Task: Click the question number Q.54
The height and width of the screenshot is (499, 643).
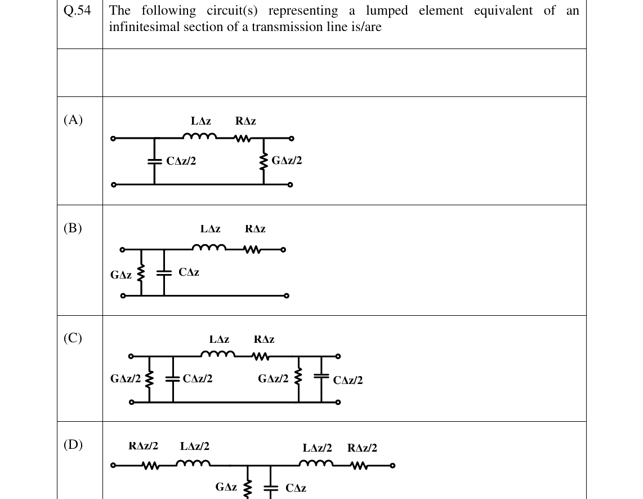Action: point(77,10)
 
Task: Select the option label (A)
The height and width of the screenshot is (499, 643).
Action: point(73,120)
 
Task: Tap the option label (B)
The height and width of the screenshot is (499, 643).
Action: point(73,228)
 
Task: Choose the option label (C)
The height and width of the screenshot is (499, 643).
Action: point(73,338)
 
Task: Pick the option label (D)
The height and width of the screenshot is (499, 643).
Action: point(73,444)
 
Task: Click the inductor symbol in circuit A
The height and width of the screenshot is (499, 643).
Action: point(200,136)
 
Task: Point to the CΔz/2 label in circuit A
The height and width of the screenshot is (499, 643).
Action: point(181,161)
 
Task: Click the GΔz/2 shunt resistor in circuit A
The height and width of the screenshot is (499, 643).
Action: point(264,162)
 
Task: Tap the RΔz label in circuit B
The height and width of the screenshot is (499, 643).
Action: point(255,229)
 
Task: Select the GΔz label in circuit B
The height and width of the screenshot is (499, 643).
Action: point(121,275)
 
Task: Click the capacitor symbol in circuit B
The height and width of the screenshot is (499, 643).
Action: point(164,273)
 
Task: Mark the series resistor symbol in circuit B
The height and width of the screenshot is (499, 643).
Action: point(251,249)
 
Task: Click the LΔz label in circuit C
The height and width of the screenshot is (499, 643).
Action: point(220,339)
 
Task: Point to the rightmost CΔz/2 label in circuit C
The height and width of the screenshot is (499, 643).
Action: point(348,380)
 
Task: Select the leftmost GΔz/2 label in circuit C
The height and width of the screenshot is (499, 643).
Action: point(126,378)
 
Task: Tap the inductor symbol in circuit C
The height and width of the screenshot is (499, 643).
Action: point(218,354)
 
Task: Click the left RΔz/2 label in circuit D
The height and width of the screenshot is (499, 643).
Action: point(143,446)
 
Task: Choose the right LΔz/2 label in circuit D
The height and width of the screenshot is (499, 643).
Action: point(318,448)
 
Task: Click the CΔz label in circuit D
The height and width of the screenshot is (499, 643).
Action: point(296,488)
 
